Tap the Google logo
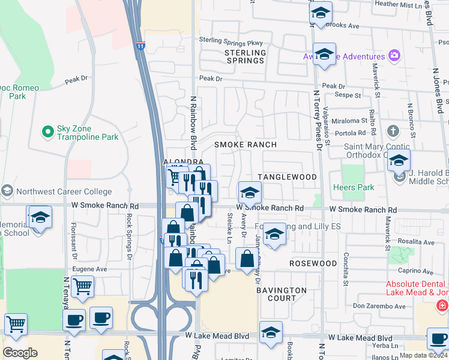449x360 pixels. click(20, 353)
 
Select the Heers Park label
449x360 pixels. click(358, 188)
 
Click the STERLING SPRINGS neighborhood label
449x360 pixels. click(245, 56)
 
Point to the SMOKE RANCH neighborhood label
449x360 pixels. click(246, 145)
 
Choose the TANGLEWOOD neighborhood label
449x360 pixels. click(287, 177)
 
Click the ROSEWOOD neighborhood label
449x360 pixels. click(313, 263)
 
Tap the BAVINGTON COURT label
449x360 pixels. click(282, 294)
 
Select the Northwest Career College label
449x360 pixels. click(59, 192)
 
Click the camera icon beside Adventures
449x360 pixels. click(394, 56)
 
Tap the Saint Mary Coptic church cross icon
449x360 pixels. click(393, 131)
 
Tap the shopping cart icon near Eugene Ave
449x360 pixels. click(82, 286)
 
